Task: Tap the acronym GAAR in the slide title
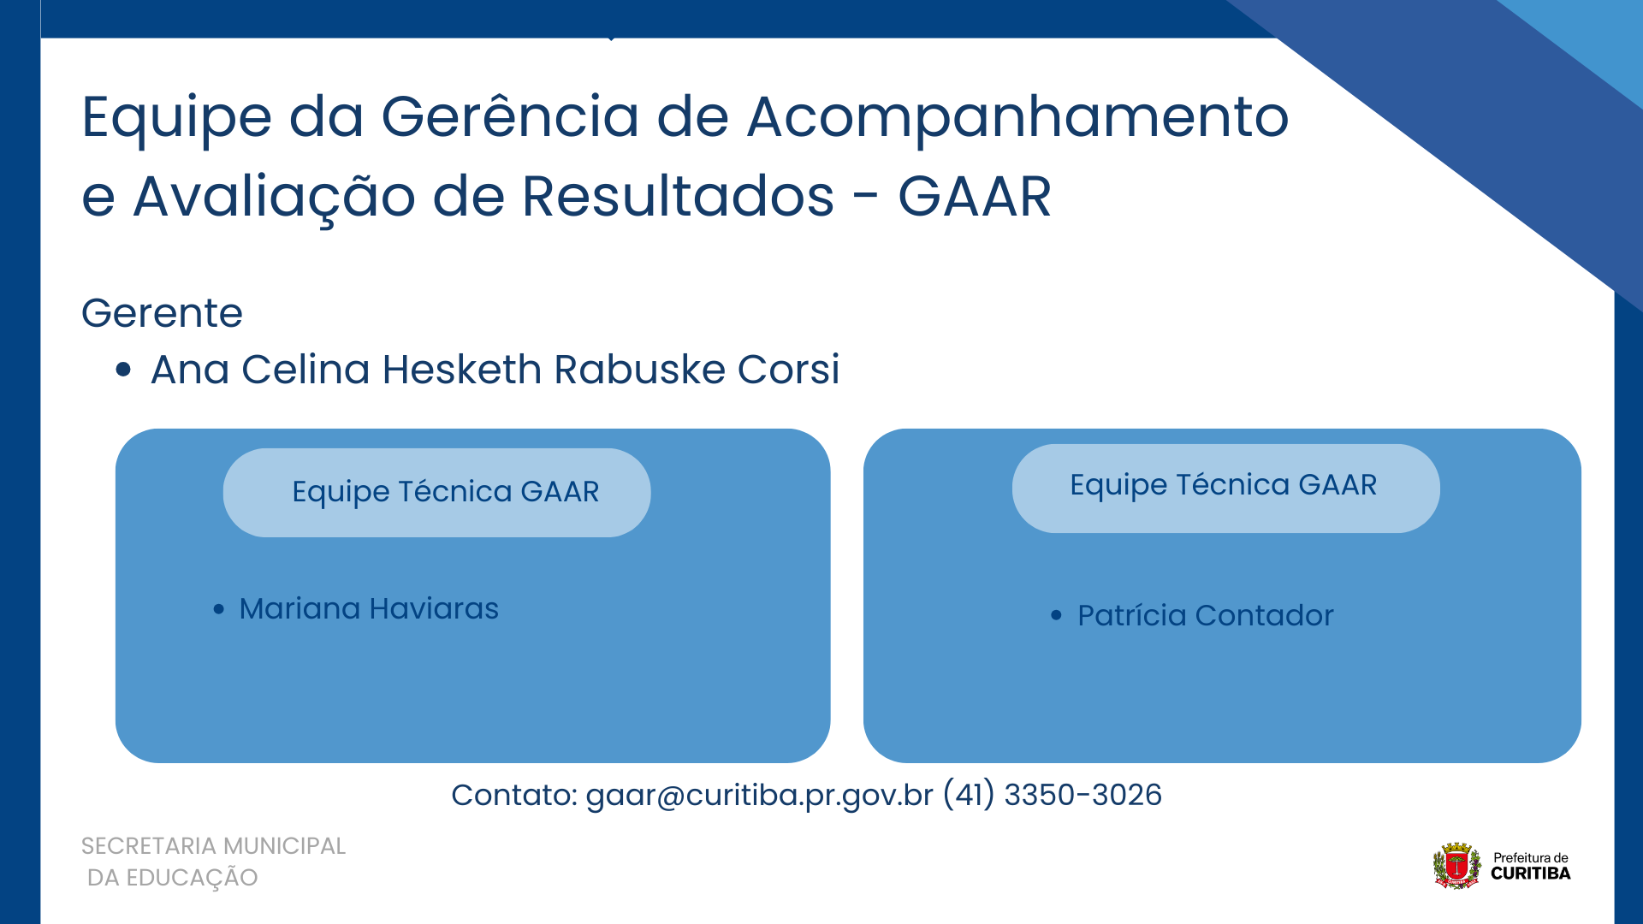975,197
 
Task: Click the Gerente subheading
162,312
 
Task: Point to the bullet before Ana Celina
123,370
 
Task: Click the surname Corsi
788,370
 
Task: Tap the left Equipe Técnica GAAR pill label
445,492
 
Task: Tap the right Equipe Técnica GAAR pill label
1223,485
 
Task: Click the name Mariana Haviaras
369,608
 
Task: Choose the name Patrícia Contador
1205,615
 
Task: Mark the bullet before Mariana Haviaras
219,609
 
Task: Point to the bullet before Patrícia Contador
1056,615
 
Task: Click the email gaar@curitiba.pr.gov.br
759,795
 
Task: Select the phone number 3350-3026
1082,795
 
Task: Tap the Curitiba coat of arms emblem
1456,865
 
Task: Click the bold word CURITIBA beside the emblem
1530,874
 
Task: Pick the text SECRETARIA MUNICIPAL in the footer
213,846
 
